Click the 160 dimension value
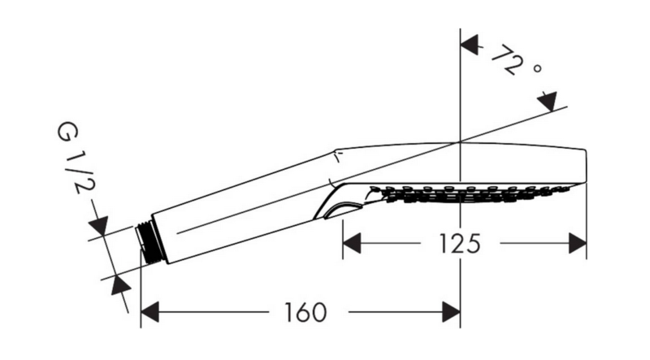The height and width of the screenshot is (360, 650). tap(305, 313)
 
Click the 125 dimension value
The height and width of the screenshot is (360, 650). tap(459, 244)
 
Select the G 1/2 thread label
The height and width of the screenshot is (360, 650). tap(76, 158)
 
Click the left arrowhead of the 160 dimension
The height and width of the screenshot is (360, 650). tap(149, 312)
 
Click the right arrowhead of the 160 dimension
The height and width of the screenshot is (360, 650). tap(451, 312)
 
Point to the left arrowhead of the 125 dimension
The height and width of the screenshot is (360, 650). tap(352, 243)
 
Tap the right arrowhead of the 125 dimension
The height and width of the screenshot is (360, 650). tap(578, 243)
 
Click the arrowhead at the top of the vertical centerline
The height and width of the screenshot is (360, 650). tap(470, 45)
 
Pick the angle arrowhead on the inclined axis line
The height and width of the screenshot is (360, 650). tap(547, 102)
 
